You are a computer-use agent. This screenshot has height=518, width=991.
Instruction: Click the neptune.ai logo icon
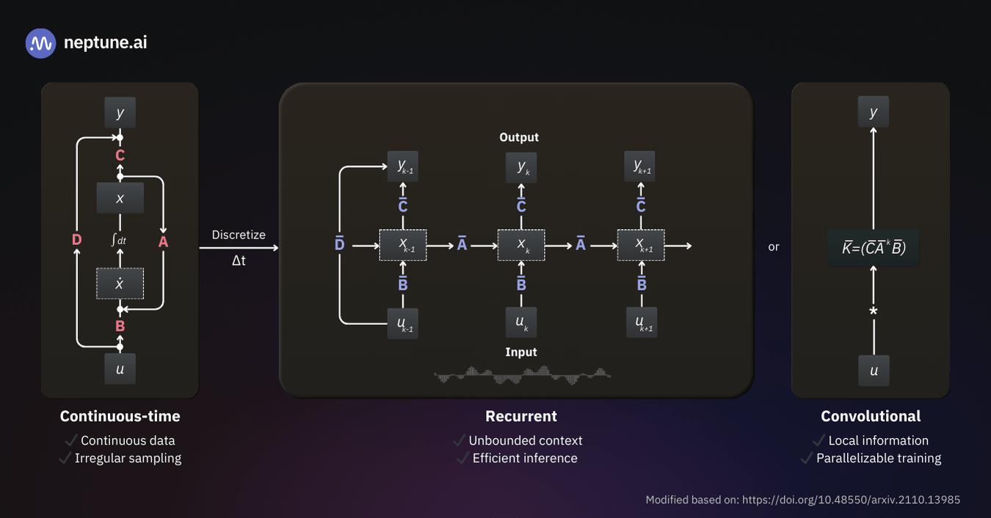pyautogui.click(x=41, y=43)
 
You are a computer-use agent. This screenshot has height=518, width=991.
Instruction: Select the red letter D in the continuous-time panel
pyautogui.click(x=77, y=240)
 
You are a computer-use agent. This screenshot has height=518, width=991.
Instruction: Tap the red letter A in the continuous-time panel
pyautogui.click(x=163, y=240)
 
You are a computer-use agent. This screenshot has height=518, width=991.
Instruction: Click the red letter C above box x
pyautogui.click(x=120, y=156)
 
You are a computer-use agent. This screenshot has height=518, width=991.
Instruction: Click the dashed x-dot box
pyautogui.click(x=120, y=283)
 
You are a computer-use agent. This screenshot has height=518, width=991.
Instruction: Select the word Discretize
pyautogui.click(x=239, y=235)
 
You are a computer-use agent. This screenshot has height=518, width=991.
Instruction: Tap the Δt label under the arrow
pyautogui.click(x=239, y=260)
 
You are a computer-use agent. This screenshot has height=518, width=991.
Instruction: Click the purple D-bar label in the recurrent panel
pyautogui.click(x=339, y=243)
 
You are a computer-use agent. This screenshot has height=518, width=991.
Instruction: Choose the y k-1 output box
pyautogui.click(x=403, y=168)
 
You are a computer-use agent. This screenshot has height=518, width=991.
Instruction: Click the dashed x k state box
pyautogui.click(x=521, y=245)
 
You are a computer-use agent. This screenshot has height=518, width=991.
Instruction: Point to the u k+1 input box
pyautogui.click(x=641, y=322)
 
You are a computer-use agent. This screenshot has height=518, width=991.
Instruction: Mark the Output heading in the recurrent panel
pyautogui.click(x=519, y=137)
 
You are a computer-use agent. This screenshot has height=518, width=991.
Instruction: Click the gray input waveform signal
pyautogui.click(x=523, y=375)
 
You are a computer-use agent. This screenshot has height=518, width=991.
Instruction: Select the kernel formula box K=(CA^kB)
pyautogui.click(x=874, y=247)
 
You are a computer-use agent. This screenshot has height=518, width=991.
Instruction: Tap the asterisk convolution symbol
pyautogui.click(x=874, y=312)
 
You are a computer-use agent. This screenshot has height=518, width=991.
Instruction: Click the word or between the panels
pyautogui.click(x=774, y=247)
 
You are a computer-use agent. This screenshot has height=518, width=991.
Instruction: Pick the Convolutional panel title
pyautogui.click(x=871, y=416)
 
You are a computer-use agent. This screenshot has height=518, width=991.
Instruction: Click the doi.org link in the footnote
pyautogui.click(x=851, y=500)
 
